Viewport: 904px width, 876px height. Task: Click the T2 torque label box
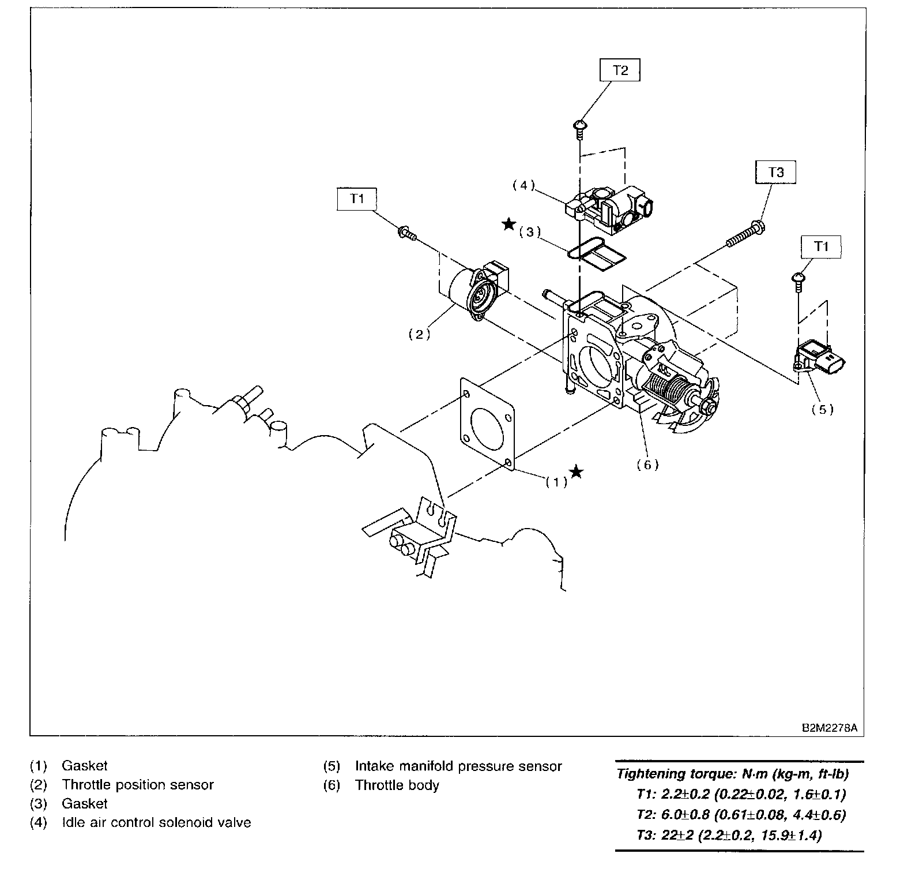[x=620, y=71]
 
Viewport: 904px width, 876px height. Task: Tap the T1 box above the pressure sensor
[x=821, y=246]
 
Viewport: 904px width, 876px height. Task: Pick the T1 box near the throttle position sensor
[x=357, y=199]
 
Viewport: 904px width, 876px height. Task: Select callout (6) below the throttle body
[x=647, y=465]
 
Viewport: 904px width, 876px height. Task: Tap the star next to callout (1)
[x=576, y=472]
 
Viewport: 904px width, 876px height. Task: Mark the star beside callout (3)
[x=508, y=224]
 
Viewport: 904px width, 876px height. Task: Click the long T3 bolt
[x=744, y=235]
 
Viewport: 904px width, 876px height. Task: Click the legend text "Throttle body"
[x=397, y=785]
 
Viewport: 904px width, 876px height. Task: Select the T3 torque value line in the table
[x=729, y=835]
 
